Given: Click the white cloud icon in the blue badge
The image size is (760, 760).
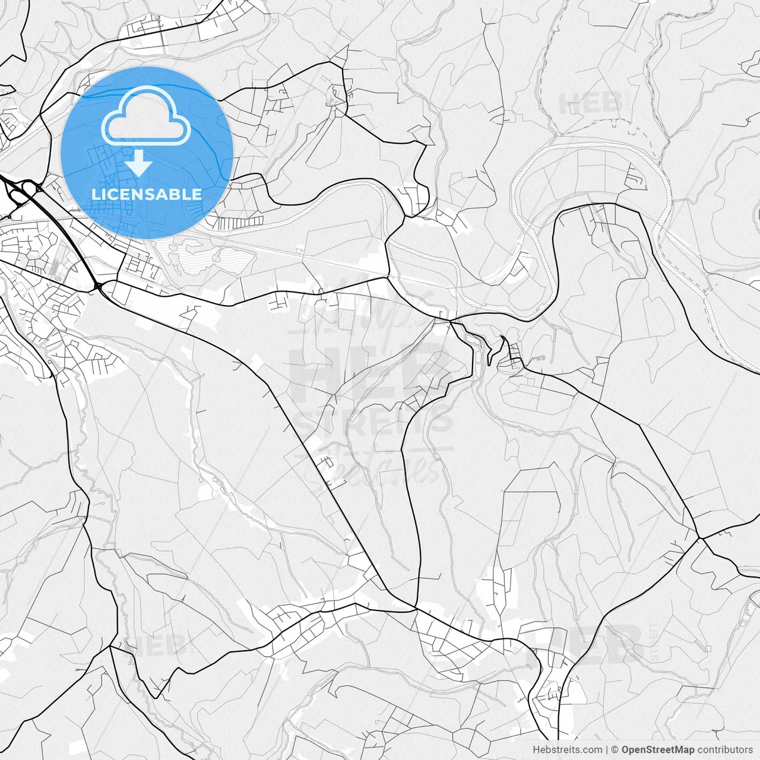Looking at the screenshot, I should click(146, 115).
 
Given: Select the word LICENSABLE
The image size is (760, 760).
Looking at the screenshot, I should click(147, 194).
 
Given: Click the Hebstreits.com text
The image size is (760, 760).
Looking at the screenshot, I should click(567, 750).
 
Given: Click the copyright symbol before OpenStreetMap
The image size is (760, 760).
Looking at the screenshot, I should click(615, 750).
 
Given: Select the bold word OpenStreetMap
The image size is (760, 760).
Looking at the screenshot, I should click(658, 750).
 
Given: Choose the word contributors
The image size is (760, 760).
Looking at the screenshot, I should click(724, 750).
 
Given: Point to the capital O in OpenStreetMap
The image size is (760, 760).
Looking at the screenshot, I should click(626, 750).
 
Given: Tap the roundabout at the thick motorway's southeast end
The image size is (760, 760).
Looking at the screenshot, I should click(97, 287).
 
